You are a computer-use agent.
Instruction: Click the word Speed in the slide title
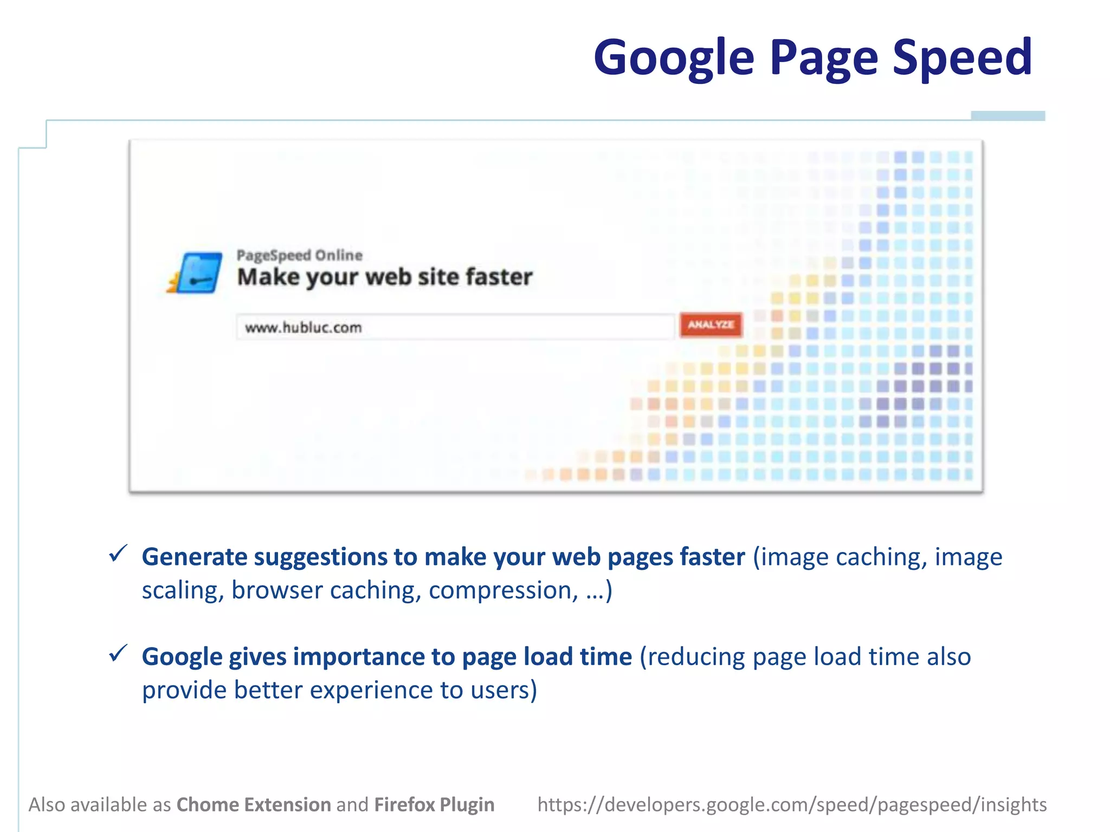(962, 57)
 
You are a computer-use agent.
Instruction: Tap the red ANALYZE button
(711, 325)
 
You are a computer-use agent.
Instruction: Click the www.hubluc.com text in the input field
(303, 328)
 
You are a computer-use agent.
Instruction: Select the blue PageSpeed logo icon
(197, 273)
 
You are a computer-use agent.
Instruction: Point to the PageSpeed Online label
(299, 255)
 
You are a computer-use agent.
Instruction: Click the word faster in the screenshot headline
(499, 277)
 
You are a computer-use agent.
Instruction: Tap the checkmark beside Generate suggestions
(118, 554)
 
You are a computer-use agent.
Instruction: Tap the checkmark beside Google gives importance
(118, 653)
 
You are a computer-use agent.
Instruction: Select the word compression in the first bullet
(503, 590)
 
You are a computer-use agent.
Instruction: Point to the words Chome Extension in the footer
(254, 805)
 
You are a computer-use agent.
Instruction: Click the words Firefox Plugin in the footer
(434, 805)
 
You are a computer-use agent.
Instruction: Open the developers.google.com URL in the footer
(792, 805)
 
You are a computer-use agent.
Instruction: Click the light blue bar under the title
(1008, 116)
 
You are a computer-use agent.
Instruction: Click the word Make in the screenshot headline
(268, 277)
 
